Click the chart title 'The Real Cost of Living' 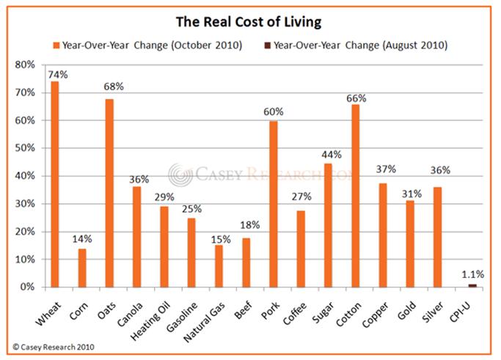250,19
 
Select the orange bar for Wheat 55,184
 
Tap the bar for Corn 82,268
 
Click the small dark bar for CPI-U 472,285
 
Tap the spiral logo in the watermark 180,175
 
